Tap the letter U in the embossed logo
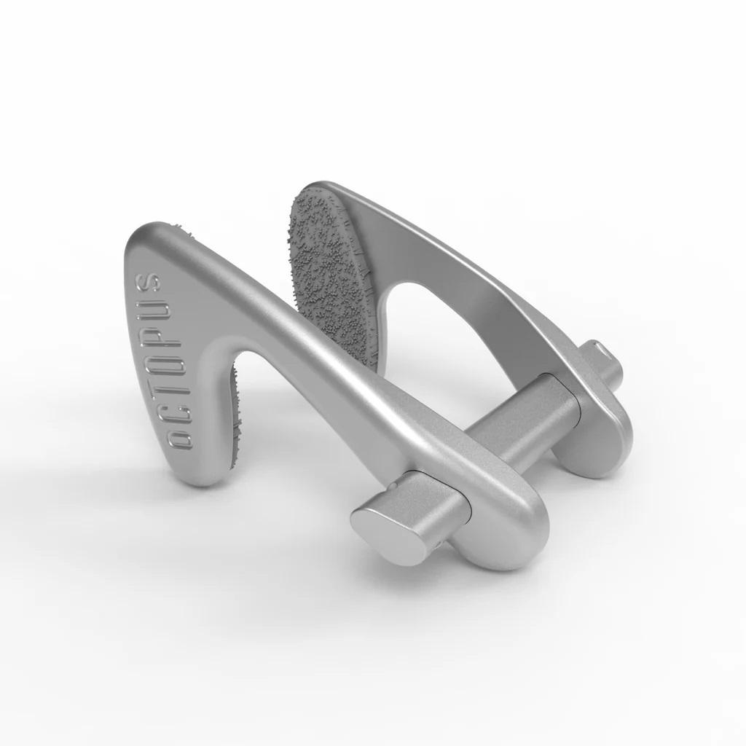click(154, 312)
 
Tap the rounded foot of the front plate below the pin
click(503, 546)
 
